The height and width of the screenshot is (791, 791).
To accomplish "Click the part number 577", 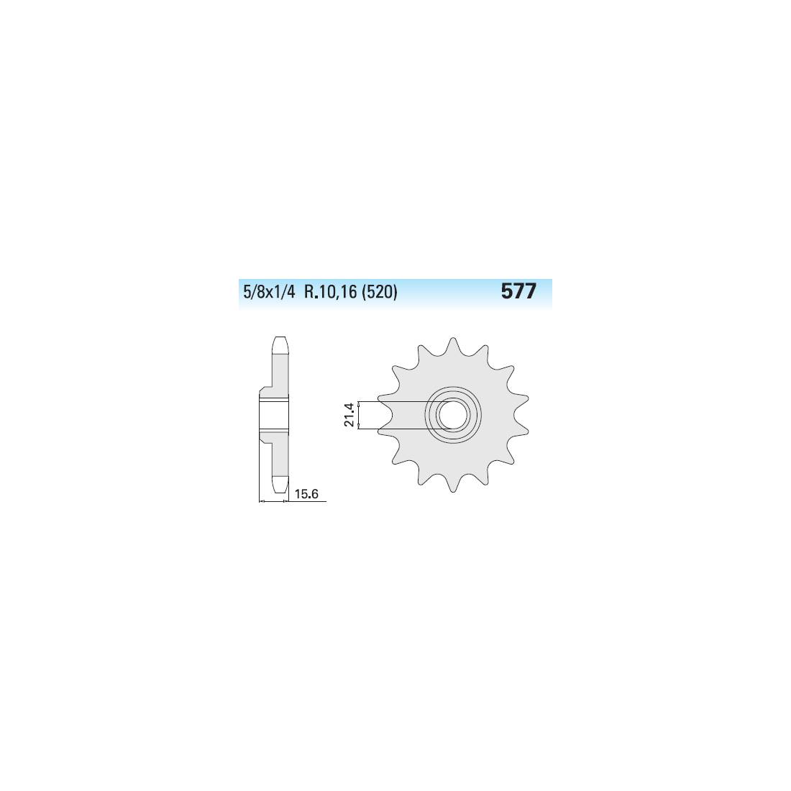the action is tap(518, 291).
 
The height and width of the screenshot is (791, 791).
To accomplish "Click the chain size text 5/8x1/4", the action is tap(268, 293).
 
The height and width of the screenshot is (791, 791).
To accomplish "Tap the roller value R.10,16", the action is tap(331, 293).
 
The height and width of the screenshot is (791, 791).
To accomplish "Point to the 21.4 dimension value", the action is tap(349, 415).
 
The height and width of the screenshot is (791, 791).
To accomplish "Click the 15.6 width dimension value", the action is tap(306, 493).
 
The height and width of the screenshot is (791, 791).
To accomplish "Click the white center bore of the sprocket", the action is tap(452, 415).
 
